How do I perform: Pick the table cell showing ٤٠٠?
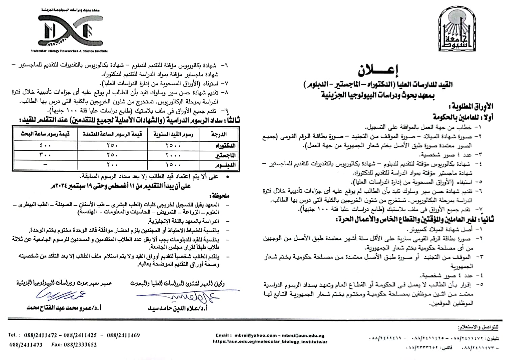click(45, 146)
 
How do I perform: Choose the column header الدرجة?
click(219, 134)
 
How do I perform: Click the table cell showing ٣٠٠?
click(45, 155)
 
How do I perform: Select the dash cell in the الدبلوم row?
click(45, 165)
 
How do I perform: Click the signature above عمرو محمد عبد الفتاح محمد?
click(61, 295)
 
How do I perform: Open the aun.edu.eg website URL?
click(270, 341)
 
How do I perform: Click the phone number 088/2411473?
click(26, 345)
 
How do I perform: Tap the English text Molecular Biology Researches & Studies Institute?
click(69, 51)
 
